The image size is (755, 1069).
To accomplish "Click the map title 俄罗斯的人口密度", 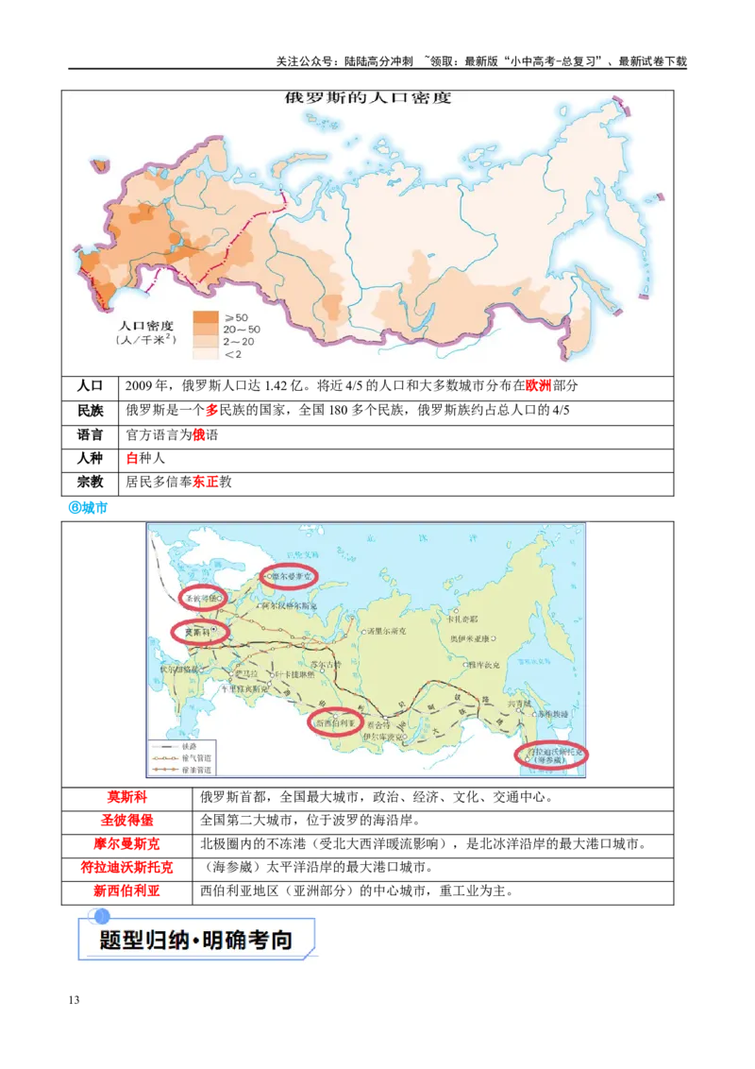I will (x=369, y=97).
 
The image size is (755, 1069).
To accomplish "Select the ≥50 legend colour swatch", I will (x=205, y=315).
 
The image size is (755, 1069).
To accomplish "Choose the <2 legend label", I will (x=233, y=354).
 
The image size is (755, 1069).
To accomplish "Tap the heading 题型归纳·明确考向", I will (x=195, y=941).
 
